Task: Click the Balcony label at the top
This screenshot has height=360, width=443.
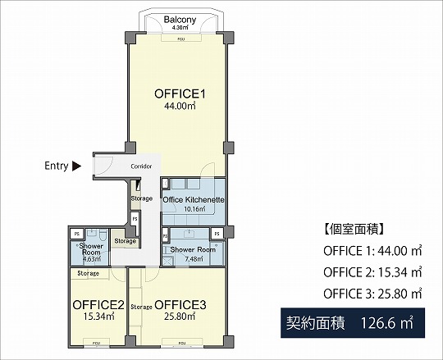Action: (178, 19)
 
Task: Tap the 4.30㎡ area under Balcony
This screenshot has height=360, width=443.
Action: (178, 27)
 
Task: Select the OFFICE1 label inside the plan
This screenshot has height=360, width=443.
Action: (179, 94)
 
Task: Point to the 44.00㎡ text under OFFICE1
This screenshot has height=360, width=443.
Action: (179, 107)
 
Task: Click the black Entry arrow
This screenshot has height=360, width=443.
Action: (77, 166)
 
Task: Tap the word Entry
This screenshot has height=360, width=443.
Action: (56, 166)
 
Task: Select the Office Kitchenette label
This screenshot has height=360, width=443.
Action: (194, 200)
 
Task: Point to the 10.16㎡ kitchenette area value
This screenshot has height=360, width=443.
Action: (194, 209)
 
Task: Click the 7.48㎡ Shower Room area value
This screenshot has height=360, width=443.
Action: (193, 258)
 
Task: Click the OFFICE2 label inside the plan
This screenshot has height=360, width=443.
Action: (98, 306)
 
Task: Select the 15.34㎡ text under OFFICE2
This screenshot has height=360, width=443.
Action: (98, 317)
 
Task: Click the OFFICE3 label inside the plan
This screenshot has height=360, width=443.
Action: (180, 306)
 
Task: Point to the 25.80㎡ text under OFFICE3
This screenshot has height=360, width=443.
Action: (180, 317)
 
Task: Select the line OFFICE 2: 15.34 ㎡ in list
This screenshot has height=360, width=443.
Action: (372, 271)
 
